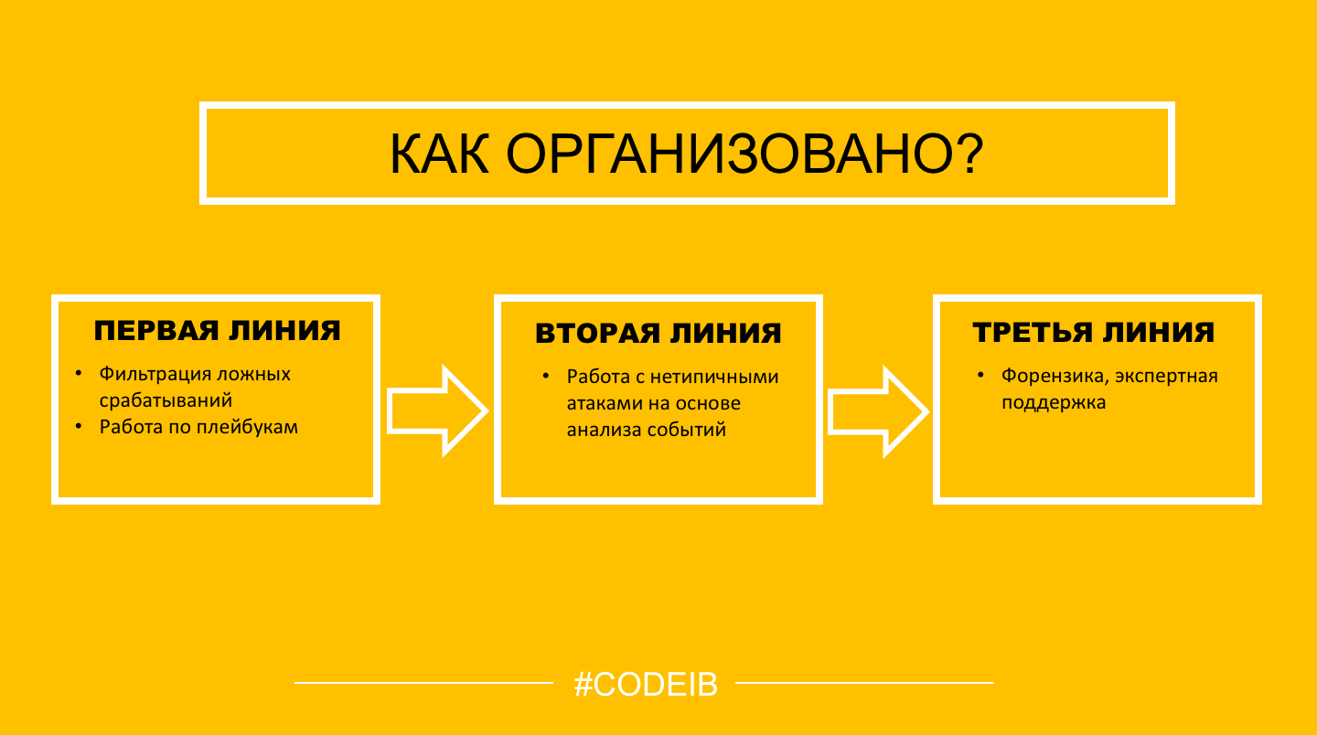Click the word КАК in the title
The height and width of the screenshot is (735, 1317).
(x=439, y=154)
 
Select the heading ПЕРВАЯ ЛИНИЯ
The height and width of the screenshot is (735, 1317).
(x=218, y=331)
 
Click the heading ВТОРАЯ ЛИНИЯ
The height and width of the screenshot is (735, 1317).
(x=658, y=333)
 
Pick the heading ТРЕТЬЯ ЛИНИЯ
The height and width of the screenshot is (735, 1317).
(x=1094, y=332)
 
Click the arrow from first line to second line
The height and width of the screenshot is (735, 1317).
(x=437, y=410)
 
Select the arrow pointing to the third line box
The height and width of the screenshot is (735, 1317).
(x=878, y=412)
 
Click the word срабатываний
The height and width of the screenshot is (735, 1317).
(x=166, y=400)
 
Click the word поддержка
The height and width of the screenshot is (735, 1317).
(x=1054, y=402)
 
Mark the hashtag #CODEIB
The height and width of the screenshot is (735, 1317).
(x=646, y=685)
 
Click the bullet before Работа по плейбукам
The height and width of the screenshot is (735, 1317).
(x=79, y=426)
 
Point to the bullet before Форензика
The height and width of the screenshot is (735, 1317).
(x=980, y=375)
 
